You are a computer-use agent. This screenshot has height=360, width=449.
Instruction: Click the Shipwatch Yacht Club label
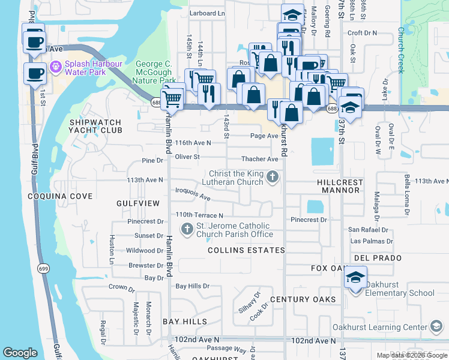click(95, 126)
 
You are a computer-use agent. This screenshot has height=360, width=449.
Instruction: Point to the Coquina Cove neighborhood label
click(60, 196)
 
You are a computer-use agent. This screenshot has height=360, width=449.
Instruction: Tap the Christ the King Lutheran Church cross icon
click(273, 176)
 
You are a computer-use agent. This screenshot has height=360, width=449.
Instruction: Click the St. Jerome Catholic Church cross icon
click(187, 227)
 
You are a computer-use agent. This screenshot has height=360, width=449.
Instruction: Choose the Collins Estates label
click(246, 250)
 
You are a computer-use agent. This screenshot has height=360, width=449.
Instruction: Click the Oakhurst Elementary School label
click(400, 293)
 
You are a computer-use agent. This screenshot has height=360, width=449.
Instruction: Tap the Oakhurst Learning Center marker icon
click(438, 327)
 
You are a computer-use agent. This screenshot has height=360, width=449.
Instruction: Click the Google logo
click(20, 353)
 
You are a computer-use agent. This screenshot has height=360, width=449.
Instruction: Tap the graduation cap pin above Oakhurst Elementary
click(355, 278)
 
